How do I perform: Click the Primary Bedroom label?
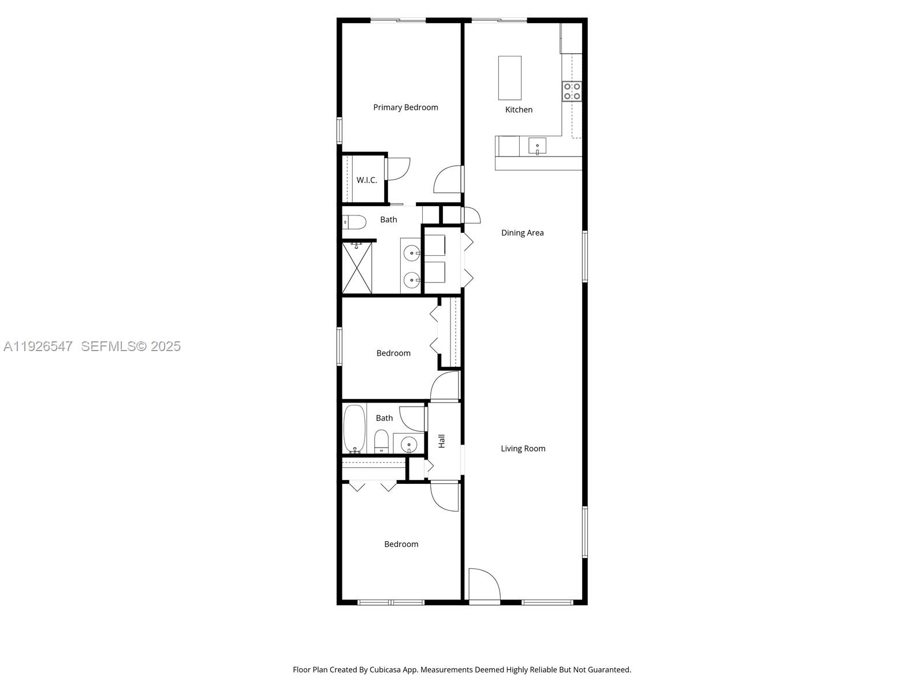(x=405, y=107)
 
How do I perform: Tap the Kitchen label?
(x=519, y=110)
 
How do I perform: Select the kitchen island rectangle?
(x=510, y=78)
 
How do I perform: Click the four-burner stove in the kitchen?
(x=572, y=91)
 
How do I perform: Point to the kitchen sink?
(x=537, y=146)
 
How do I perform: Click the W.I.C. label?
(x=367, y=180)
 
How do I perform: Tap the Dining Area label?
(x=522, y=233)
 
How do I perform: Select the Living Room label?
(x=523, y=449)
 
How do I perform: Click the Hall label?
(x=442, y=441)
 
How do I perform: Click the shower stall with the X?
(x=357, y=268)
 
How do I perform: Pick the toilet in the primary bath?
(x=354, y=222)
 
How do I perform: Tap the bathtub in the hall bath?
(x=355, y=429)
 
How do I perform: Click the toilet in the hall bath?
(x=381, y=441)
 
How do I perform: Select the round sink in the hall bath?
(x=409, y=444)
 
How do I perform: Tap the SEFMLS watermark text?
(x=131, y=346)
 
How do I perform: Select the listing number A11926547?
(x=38, y=346)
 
